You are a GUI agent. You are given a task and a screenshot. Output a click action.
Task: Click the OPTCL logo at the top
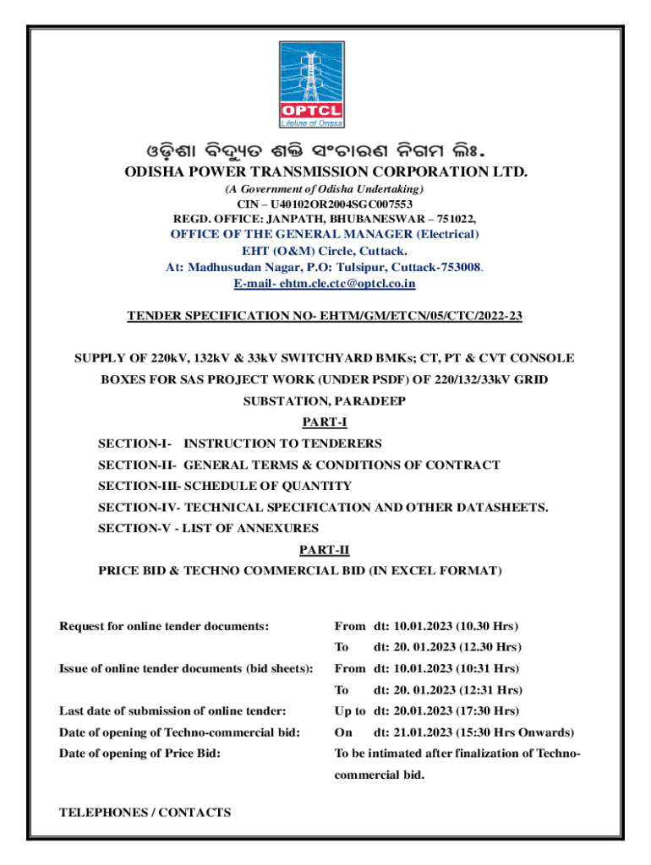tap(325, 84)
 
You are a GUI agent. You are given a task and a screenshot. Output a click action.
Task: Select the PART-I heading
tap(325, 422)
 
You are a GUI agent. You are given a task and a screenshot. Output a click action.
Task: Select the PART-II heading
tap(325, 550)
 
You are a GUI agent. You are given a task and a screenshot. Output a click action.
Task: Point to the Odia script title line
tap(325, 153)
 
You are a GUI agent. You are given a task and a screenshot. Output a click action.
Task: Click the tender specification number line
tap(325, 316)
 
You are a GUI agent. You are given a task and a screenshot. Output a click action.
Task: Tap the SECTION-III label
tap(138, 486)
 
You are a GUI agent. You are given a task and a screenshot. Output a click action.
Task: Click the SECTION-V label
tap(134, 529)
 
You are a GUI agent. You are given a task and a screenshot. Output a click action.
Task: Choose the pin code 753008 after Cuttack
tap(458, 267)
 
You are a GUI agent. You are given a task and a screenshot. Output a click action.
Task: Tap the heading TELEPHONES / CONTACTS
tap(145, 813)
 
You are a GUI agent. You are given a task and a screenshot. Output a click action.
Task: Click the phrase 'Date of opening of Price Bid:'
tap(139, 753)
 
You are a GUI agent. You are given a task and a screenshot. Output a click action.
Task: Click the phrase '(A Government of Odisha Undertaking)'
tap(325, 188)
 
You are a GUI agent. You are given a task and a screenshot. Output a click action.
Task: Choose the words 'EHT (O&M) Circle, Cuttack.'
tap(325, 251)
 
